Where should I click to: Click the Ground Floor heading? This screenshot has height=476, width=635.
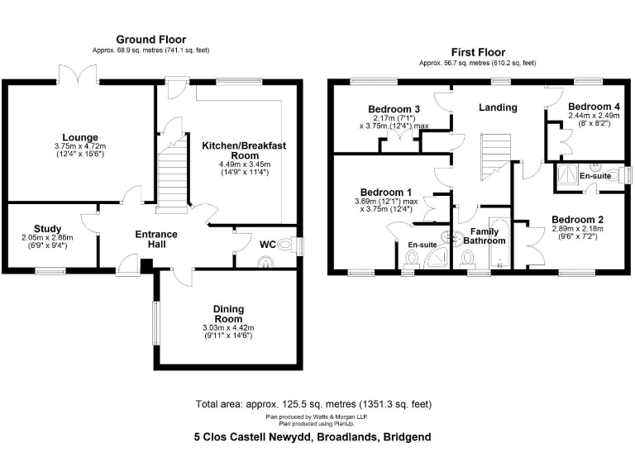coord(150,40)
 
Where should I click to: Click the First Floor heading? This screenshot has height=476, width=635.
coord(477,51)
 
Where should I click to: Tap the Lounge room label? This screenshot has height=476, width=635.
coord(80,137)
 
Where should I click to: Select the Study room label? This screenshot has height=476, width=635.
coord(47,229)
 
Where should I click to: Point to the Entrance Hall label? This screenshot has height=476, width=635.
coord(156,240)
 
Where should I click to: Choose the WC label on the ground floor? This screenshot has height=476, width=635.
coord(267,245)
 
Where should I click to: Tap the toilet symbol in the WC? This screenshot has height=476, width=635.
coord(285,245)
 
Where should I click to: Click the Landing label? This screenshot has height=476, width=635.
coord(499,107)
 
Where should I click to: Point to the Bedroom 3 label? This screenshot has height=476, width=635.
coord(394,110)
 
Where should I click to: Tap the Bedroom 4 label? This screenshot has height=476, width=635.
coord(594,107)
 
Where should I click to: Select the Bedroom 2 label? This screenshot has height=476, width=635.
coord(579,220)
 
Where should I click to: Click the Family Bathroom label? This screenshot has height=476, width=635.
coord(484,236)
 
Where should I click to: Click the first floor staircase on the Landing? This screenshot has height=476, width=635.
coord(497,156)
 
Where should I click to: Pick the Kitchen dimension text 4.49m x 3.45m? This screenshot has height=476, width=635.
coord(244,164)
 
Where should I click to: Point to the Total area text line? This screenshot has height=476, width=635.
coord(313,404)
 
